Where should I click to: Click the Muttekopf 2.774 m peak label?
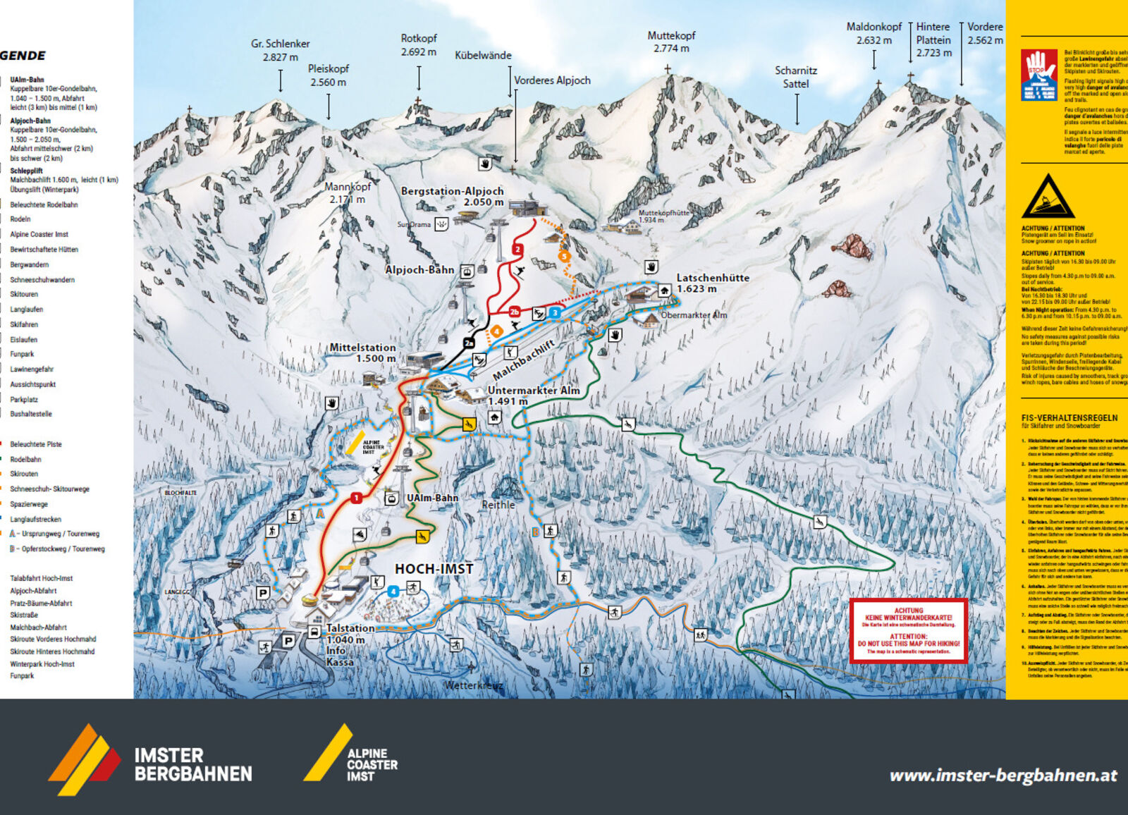pos(671,42)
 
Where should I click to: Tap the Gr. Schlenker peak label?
pos(280,50)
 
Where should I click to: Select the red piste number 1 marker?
pos(357,498)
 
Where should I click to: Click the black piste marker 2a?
pos(470,343)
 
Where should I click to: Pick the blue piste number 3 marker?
pos(556,312)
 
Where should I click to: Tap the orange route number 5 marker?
pos(563,257)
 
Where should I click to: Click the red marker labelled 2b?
pos(515,312)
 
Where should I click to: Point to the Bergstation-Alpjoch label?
pos(452,196)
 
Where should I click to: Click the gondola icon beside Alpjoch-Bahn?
pos(466,271)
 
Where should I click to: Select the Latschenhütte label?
pos(712,283)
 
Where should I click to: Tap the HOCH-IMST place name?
pos(434,569)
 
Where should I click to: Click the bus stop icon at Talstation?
pos(314,632)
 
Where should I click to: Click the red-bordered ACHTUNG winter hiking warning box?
pos(908,631)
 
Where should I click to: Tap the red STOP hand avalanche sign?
pos(1038,75)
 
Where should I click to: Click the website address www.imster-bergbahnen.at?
pos(1003,776)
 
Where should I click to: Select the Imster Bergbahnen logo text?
pos(193,765)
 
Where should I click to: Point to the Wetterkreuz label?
pos(474,685)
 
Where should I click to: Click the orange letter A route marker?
pos(320,514)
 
